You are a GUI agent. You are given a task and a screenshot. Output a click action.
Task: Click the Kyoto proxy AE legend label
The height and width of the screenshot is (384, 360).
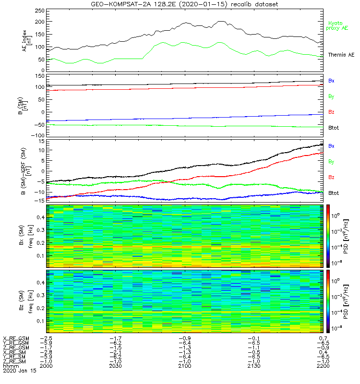click(338, 25)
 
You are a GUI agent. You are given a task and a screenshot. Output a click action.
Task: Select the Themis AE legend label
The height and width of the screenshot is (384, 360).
click(340, 55)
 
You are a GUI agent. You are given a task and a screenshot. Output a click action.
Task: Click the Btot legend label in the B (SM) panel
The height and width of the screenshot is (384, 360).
click(333, 128)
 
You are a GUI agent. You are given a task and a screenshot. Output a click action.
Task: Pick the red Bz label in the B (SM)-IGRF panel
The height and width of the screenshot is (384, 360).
click(331, 178)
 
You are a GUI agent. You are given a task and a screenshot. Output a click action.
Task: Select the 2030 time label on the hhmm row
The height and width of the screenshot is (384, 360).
click(115, 366)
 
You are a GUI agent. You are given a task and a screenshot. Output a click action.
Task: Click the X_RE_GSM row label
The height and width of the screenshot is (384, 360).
click(16, 338)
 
